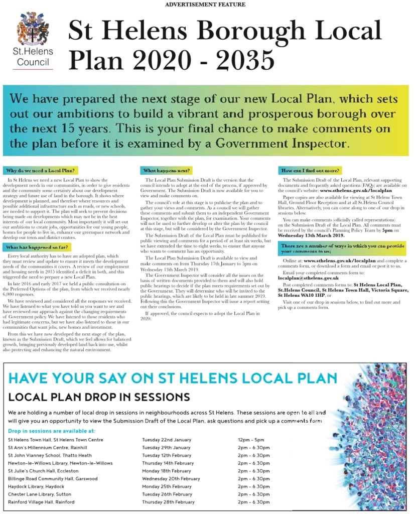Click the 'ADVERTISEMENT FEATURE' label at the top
point(205,5)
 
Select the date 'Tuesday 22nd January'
point(167,440)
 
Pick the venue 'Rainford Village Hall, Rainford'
point(41,502)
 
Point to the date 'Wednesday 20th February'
point(171,479)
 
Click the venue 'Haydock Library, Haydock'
point(36,486)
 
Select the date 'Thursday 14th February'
point(168,463)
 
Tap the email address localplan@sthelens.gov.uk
point(308,278)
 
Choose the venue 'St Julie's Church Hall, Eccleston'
point(43,471)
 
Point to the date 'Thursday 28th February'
point(168,502)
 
